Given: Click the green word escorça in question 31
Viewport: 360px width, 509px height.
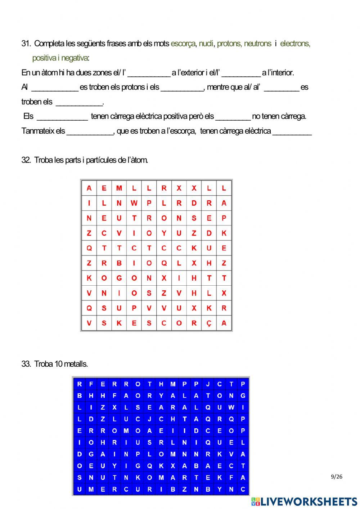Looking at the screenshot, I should pyautogui.click(x=183, y=44).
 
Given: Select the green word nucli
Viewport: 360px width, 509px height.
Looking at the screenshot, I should pyautogui.click(x=206, y=44).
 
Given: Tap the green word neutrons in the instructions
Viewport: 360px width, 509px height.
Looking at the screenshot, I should pyautogui.click(x=257, y=44).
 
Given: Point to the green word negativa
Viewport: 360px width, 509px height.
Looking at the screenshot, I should pyautogui.click(x=75, y=58).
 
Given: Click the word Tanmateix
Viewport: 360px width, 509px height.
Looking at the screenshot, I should pyautogui.click(x=38, y=131).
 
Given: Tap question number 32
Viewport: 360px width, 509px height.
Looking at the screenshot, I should pyautogui.click(x=26, y=160).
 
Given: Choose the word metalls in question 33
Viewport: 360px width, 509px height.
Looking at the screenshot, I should pyautogui.click(x=76, y=364).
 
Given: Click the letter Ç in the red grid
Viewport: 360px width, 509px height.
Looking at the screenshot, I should pyautogui.click(x=209, y=323).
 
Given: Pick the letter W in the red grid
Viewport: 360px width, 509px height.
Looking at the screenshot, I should pyautogui.click(x=134, y=203).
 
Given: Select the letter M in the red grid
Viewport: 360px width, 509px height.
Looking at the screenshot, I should pyautogui.click(x=119, y=188).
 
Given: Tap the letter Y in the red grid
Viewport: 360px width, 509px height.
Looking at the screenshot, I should pyautogui.click(x=164, y=233).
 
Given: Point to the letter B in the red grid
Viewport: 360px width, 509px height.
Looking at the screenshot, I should pyautogui.click(x=119, y=263).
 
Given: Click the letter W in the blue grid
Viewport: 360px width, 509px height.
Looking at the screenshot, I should pyautogui.click(x=231, y=407).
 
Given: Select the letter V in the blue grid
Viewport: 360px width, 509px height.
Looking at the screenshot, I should pyautogui.click(x=231, y=454).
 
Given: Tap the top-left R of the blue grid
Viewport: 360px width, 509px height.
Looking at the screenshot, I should pyautogui.click(x=80, y=384).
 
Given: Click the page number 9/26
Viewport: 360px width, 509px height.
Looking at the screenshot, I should pyautogui.click(x=336, y=477).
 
